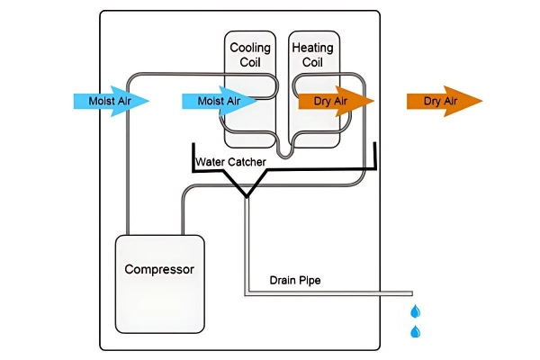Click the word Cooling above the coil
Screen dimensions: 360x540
(250, 48)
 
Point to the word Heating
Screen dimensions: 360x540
(312, 48)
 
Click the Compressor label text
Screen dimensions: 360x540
(159, 269)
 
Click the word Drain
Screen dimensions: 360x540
(283, 280)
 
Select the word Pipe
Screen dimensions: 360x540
(310, 280)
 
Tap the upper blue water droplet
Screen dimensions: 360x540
(415, 310)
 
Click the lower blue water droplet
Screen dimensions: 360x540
(415, 332)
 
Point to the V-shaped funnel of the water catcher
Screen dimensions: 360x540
(244, 186)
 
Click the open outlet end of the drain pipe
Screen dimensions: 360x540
(411, 292)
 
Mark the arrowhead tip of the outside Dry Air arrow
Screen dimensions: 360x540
(482, 101)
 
